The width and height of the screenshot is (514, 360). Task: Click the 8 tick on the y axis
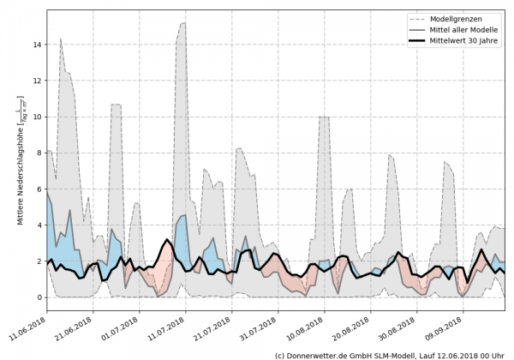coord(38,153)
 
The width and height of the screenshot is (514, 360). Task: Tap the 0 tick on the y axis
coord(38,297)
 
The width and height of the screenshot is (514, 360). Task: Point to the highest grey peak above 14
coord(182,24)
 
